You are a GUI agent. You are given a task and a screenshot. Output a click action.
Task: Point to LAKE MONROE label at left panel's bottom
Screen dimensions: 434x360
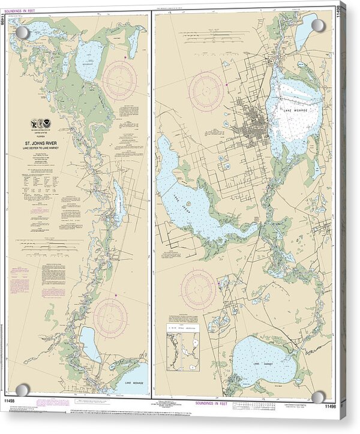click(131, 382)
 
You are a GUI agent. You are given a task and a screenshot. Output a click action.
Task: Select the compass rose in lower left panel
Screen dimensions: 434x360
click(110, 315)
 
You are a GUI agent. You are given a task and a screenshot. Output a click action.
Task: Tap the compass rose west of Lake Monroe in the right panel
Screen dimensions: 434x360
click(206, 91)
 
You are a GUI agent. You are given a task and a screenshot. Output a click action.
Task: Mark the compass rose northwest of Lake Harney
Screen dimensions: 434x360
click(198, 289)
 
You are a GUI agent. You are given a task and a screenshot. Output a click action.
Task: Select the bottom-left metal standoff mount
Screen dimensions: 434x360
click(22, 390)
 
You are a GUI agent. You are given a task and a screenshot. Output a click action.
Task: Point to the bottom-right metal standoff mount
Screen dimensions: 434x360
click(318, 397)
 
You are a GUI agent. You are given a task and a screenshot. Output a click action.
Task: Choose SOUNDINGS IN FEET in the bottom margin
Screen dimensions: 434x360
click(241, 403)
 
